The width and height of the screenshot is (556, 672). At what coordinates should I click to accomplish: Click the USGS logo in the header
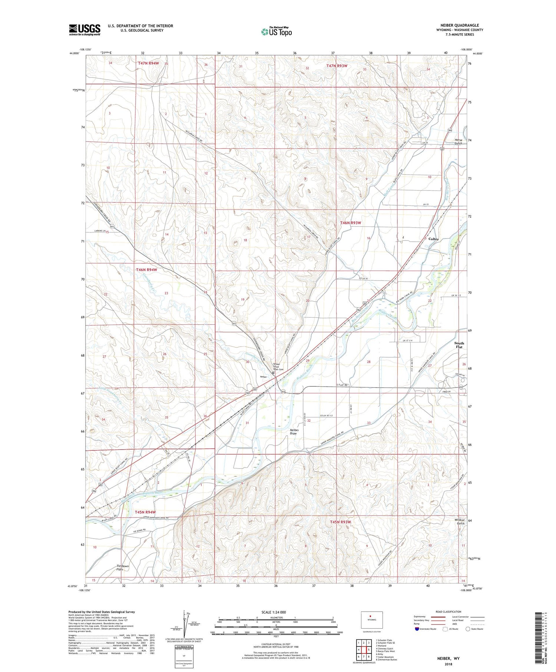click(85, 30)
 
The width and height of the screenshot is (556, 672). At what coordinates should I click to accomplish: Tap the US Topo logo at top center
click(276, 32)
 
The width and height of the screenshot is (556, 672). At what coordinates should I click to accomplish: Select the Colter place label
click(433, 239)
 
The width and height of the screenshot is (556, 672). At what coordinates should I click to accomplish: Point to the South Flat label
click(459, 345)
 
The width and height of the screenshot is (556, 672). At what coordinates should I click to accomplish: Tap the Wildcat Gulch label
click(460, 522)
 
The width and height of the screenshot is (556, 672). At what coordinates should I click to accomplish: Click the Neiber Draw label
click(294, 432)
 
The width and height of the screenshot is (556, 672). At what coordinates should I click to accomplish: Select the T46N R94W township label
click(146, 270)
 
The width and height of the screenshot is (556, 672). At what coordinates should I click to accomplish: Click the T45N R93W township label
click(340, 522)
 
